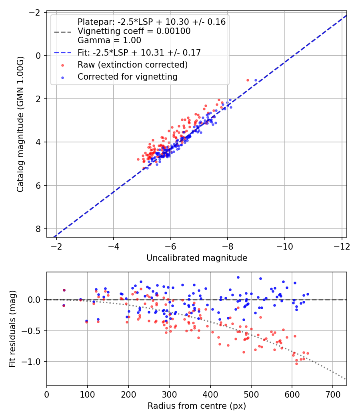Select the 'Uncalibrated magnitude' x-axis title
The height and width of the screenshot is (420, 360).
coord(197,258)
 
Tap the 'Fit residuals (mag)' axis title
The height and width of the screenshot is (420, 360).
coord(12,329)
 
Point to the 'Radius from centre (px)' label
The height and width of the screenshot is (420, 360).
coord(197,406)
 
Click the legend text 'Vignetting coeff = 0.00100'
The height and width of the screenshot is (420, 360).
coord(134,31)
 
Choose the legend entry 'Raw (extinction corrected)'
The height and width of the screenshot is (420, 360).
coord(132,64)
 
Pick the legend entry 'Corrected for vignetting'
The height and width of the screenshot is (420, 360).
coord(128,77)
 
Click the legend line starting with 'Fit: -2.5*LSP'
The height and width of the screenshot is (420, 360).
coord(139,52)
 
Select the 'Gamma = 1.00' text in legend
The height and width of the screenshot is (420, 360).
coord(109,40)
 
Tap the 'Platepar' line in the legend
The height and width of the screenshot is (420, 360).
coord(152,22)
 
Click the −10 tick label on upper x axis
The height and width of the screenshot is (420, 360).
coord(284,246)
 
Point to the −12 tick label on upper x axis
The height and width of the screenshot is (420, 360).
coord(342,246)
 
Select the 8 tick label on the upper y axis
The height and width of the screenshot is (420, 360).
coord(38,229)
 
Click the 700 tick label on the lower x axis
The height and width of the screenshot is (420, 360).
coord(333,394)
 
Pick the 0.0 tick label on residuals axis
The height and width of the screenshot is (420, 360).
coord(36,300)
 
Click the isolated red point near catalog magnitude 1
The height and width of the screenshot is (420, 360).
coord(248,80)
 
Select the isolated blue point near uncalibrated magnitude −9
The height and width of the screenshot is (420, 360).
coord(256,80)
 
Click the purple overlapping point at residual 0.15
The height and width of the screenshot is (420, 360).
coord(64,290)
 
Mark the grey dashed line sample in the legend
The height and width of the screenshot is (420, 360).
coord(63,32)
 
